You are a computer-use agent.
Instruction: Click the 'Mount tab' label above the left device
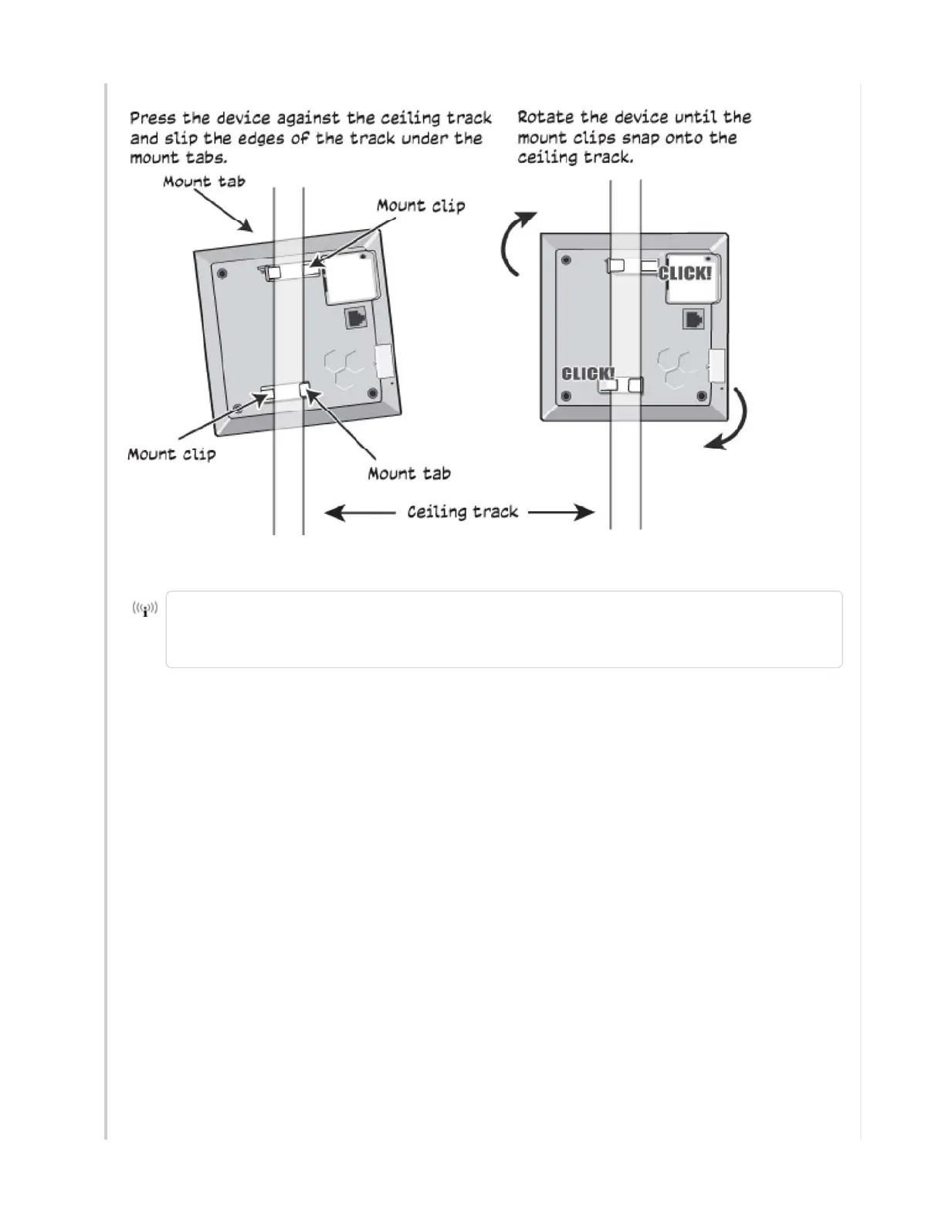click(x=204, y=182)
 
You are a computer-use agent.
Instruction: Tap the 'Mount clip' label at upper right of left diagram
click(x=421, y=205)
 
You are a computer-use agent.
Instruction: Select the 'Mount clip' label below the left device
click(x=171, y=454)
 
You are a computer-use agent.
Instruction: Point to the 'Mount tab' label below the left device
click(x=409, y=473)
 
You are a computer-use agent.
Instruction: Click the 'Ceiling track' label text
click(x=462, y=512)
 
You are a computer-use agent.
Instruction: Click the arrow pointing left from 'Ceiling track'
click(x=359, y=513)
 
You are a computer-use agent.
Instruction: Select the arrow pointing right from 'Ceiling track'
click(x=561, y=513)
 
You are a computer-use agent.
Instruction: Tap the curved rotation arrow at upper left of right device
click(x=515, y=242)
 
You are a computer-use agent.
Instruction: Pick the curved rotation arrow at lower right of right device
click(x=731, y=420)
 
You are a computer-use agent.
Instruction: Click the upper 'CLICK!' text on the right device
click(x=684, y=273)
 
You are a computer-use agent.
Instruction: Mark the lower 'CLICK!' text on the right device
click(x=588, y=374)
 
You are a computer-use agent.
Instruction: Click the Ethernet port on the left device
click(x=357, y=317)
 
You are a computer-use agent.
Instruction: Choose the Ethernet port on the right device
click(x=693, y=319)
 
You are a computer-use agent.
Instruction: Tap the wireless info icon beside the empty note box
click(x=145, y=609)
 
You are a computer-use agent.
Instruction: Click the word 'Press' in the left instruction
click(x=154, y=118)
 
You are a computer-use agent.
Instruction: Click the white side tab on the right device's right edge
click(x=716, y=365)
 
